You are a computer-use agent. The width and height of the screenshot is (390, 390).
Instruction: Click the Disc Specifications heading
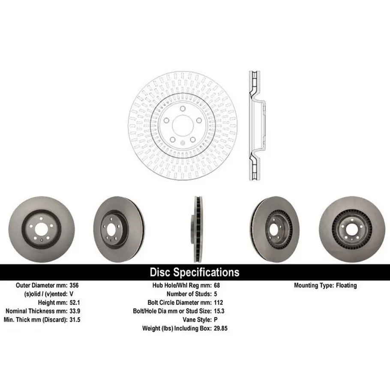[194, 272]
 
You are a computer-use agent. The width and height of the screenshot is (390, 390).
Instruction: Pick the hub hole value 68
[216, 285]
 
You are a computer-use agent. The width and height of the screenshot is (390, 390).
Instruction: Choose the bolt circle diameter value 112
[218, 302]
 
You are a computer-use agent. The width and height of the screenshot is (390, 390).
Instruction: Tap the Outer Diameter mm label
[41, 285]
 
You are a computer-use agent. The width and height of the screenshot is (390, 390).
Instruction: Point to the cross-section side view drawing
[255, 126]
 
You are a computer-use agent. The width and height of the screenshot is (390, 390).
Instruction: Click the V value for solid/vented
[71, 294]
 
